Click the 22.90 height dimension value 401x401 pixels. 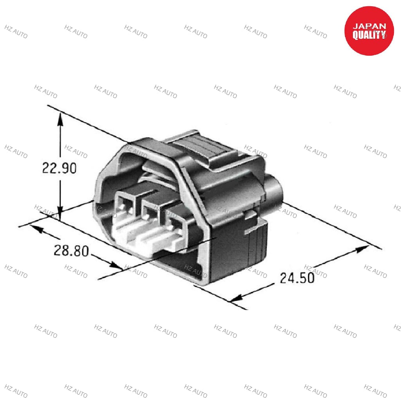[x=59, y=168]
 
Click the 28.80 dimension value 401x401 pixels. [x=71, y=250]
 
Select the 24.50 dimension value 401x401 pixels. [x=297, y=278]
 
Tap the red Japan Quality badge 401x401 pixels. [x=369, y=31]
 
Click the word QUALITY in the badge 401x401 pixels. [x=369, y=36]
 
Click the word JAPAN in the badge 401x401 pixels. [x=369, y=26]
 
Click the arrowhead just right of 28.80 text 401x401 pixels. [x=116, y=265]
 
